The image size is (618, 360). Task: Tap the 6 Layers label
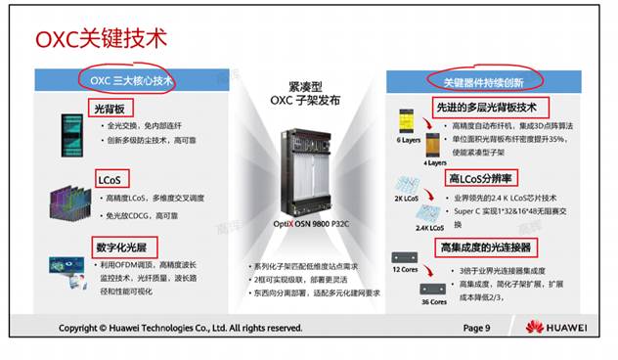(x=408, y=141)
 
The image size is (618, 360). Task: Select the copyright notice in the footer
(x=181, y=328)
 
